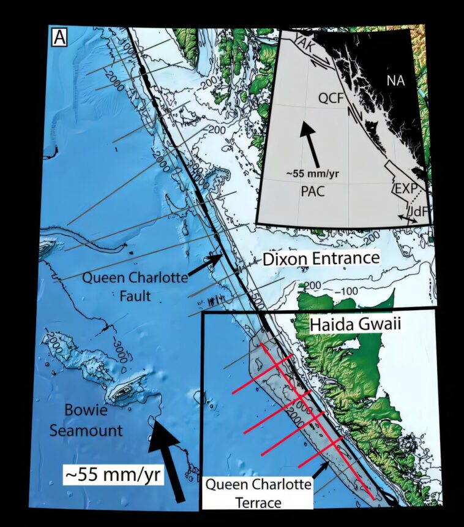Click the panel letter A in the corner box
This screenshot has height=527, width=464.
[59, 38]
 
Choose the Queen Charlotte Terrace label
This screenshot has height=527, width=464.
[258, 494]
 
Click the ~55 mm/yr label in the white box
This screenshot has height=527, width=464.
[113, 474]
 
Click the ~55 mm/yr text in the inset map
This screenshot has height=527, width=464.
[312, 173]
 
